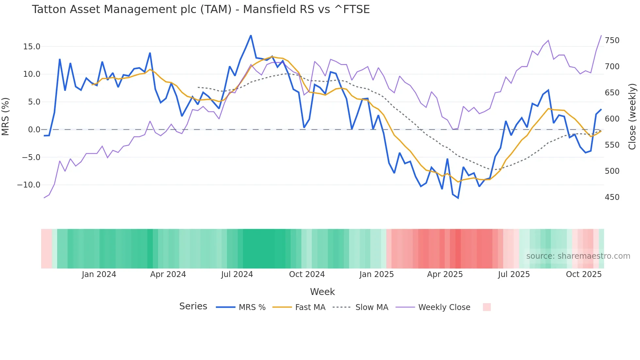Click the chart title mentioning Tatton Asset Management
click(200, 9)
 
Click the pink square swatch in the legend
click(487, 307)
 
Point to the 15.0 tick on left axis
click(31, 47)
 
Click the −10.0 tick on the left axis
click(29, 185)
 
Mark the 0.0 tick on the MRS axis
click(34, 130)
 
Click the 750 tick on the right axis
click(612, 41)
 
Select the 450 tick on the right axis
click(612, 197)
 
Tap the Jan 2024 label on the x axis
click(99, 274)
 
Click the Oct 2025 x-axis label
click(584, 274)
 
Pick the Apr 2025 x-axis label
click(445, 274)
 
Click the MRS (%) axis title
click(6, 116)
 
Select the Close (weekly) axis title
click(632, 116)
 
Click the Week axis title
click(322, 292)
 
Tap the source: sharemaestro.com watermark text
click(578, 256)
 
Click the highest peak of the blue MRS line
click(251, 35)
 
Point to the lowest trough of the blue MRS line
click(458, 198)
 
